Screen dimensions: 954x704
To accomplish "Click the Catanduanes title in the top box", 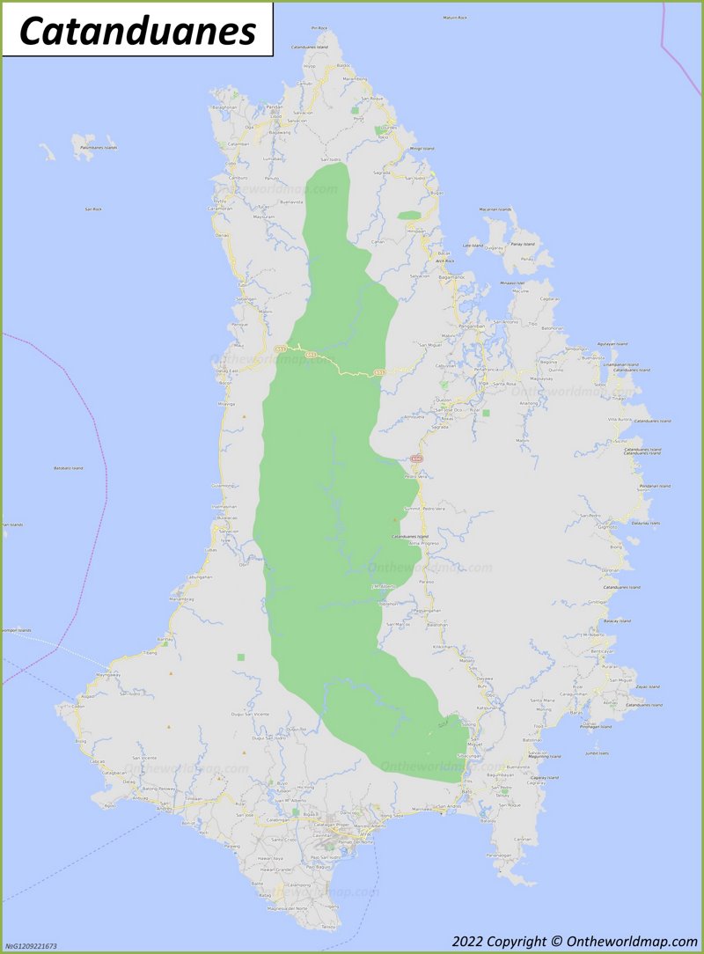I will [x=137, y=31].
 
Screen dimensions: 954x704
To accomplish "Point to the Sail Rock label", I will [x=93, y=209].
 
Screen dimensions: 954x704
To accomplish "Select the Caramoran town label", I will [x=220, y=209].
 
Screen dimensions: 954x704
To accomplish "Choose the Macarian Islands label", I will [x=495, y=209].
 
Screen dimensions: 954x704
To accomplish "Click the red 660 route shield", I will [x=416, y=459].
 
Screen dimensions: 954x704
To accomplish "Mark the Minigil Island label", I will [x=422, y=149].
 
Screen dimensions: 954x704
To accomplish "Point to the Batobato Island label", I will [x=68, y=468].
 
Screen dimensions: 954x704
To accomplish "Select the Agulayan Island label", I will [x=612, y=343].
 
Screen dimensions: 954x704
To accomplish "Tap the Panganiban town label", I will [x=472, y=326].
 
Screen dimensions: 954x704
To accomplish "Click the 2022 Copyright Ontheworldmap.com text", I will [x=573, y=940].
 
